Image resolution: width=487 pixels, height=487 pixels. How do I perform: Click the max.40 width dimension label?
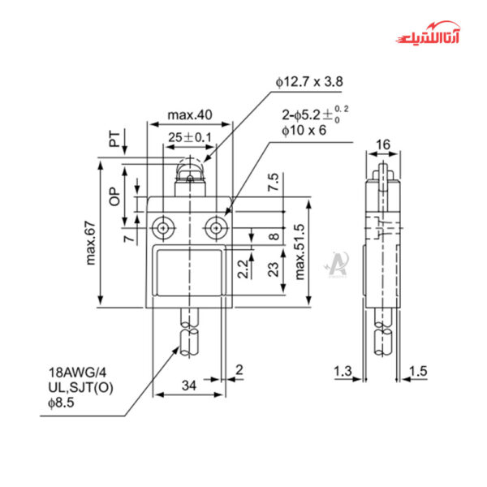pos(189,115)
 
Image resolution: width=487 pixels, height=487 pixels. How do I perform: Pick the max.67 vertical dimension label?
pos(92,242)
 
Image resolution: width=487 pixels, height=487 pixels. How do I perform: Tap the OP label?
pos(114,195)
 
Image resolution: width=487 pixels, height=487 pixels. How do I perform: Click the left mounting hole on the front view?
pos(165,228)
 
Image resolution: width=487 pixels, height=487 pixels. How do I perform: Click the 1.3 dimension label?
pos(343,371)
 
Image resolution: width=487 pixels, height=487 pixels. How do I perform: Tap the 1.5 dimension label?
pos(418,371)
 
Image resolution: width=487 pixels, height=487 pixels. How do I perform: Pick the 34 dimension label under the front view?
pos(188,385)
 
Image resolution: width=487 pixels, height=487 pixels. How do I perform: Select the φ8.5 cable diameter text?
pos(62,403)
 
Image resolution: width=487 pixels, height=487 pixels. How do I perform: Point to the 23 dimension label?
pos(273,267)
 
